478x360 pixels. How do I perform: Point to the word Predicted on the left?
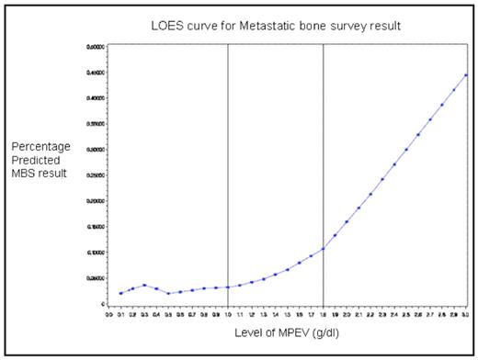tap(37, 161)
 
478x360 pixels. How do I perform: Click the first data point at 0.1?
tap(120, 293)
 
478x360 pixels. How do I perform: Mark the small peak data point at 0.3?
tap(144, 285)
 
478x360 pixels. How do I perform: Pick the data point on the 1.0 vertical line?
tap(227, 287)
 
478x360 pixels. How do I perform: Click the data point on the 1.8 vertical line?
tap(323, 249)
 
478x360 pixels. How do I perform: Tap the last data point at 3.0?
tap(466, 75)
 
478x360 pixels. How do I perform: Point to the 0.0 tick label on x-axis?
tap(108, 313)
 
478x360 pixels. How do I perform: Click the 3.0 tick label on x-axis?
tap(466, 313)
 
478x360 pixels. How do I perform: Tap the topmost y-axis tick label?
tap(95, 46)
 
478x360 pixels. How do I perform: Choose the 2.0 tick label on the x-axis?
tap(347, 313)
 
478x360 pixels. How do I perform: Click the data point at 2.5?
tap(406, 150)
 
